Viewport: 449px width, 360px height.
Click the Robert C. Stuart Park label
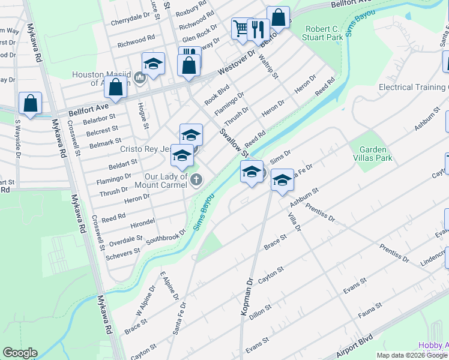pos(324,33)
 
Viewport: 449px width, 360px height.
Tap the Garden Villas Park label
pos(375,154)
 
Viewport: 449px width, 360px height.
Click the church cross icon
pos(196,179)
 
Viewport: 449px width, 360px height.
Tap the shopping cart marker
pos(241,28)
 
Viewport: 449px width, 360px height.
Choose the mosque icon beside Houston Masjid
pos(140,77)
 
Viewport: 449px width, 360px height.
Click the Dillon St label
pos(260,310)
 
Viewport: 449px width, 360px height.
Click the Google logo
pos(20,353)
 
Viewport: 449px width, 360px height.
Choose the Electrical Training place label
pos(412,87)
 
